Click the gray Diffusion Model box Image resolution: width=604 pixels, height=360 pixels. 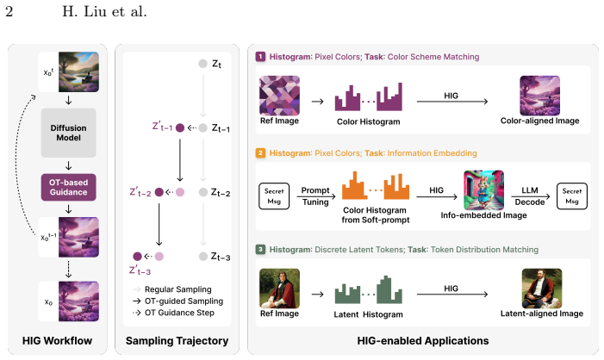point(69,133)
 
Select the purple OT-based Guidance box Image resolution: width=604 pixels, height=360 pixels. point(69,187)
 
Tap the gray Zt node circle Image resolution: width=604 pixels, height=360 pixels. point(202,64)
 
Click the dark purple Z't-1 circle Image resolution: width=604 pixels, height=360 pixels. point(180,127)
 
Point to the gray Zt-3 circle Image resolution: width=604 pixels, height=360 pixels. point(203,256)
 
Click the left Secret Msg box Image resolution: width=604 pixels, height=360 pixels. point(274,196)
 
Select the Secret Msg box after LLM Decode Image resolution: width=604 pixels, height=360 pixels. point(572,196)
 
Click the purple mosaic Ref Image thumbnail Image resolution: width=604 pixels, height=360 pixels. point(280,96)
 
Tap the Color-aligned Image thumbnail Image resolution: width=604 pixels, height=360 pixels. point(539,96)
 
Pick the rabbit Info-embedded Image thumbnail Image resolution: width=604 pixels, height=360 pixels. point(484,189)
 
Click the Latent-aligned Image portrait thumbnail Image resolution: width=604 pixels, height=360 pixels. point(542,289)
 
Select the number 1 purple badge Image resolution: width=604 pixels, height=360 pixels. point(260,57)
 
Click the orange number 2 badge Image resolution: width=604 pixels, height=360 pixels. point(260,152)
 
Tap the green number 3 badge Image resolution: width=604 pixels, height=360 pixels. point(260,249)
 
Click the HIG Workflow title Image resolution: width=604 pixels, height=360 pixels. point(57,341)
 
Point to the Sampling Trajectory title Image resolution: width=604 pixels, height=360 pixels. point(177,341)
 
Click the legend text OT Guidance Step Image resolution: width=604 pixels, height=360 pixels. point(179,313)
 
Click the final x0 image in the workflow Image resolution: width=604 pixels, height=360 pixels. point(78,301)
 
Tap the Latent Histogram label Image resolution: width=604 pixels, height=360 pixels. point(368,314)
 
